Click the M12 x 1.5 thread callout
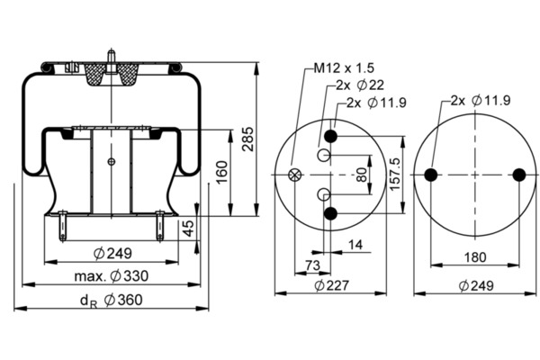coord(344,68)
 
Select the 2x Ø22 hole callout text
coord(360,85)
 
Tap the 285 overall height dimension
coord(247,139)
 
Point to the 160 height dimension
coord(222,172)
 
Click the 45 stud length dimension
coord(188,229)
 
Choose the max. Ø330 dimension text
coord(112,276)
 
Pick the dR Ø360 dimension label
coord(112,300)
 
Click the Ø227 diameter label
coord(332,285)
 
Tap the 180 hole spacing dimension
coord(475,257)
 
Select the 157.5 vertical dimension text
coord(395,174)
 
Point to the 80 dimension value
coord(362,175)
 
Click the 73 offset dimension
coord(312,265)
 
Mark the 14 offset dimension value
coord(355,245)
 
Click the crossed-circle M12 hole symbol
coord(294,175)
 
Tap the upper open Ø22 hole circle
coord(324,155)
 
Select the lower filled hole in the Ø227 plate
coord(330,213)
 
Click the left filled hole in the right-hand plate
coord(431,175)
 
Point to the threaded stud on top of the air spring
coord(111,61)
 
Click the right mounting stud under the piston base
coord(160,226)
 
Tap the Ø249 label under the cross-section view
coord(112,254)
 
